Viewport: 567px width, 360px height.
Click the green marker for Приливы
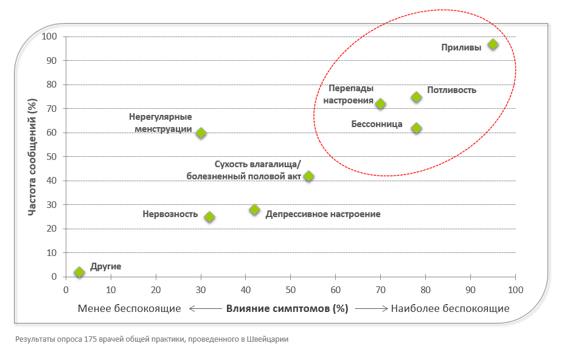pos(493,44)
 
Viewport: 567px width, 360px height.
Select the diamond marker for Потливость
pos(416,97)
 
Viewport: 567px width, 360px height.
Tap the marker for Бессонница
pos(416,128)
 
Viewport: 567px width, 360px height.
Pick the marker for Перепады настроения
pos(380,104)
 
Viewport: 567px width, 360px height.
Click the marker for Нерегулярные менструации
pos(201,133)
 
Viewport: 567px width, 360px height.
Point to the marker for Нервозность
pos(209,217)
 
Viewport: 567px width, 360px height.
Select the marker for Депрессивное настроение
pos(254,210)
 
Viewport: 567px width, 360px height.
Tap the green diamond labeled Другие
pos(79,272)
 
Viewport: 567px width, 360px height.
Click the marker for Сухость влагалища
pos(308,176)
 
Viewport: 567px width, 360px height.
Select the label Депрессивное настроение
pos(323,214)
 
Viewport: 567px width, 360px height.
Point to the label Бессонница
pos(377,124)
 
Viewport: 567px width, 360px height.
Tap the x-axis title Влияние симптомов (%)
pos(287,308)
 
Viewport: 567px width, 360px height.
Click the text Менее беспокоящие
pos(130,308)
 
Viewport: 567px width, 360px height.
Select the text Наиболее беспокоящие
pos(450,308)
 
